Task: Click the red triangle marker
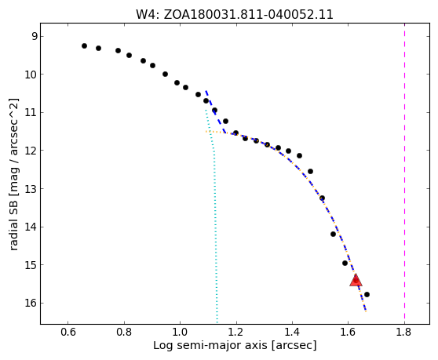pyautogui.click(x=356, y=281)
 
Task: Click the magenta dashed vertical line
pyautogui.click(x=404, y=173)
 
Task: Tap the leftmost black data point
pyautogui.click(x=84, y=45)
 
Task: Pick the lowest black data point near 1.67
pyautogui.click(x=367, y=294)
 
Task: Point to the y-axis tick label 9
pyautogui.click(x=34, y=36)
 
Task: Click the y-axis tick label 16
pyautogui.click(x=31, y=303)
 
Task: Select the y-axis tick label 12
pyautogui.click(x=31, y=151)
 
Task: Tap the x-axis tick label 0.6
pyautogui.click(x=68, y=332)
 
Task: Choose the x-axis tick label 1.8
pyautogui.click(x=404, y=332)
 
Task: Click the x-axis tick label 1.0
pyautogui.click(x=181, y=332)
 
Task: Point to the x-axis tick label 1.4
pyautogui.click(x=292, y=332)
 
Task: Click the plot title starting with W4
pyautogui.click(x=235, y=15)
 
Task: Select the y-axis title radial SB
pyautogui.click(x=13, y=174)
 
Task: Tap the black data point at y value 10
pyautogui.click(x=165, y=74)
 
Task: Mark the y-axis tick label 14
pyautogui.click(x=31, y=227)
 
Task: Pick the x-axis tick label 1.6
pyautogui.click(x=348, y=332)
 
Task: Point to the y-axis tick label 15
pyautogui.click(x=31, y=265)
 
